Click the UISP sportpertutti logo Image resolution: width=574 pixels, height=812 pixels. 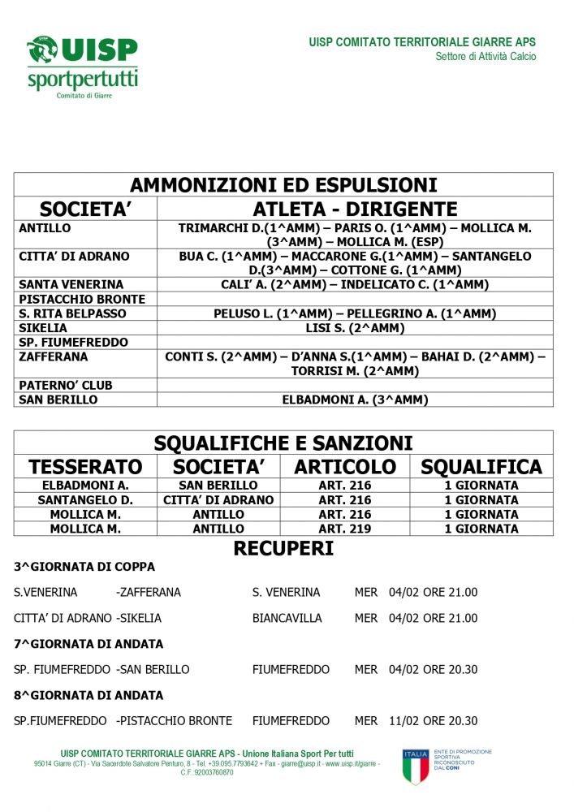[x=82, y=67]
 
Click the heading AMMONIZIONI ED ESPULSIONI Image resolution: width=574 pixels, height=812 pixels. [x=283, y=184]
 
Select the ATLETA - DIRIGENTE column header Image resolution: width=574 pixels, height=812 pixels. [x=355, y=209]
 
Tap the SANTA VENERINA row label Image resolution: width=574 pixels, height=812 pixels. [x=71, y=284]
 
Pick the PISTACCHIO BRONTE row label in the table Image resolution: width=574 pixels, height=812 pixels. [x=82, y=299]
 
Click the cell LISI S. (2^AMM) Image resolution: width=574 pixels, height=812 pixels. [x=355, y=328]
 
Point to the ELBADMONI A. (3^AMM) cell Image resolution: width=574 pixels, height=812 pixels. [x=355, y=400]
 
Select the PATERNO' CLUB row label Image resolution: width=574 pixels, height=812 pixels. [x=66, y=385]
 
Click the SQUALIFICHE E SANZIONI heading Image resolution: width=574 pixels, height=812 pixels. [x=283, y=443]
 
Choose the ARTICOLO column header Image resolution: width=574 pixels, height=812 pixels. [x=345, y=467]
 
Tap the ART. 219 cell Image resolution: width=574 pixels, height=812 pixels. [x=345, y=529]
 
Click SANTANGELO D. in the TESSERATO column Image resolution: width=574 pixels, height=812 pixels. [x=85, y=500]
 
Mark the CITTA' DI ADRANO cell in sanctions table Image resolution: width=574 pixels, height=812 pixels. [x=218, y=500]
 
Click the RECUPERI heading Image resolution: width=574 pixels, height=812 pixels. [x=283, y=549]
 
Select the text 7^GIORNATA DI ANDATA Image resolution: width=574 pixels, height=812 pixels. [x=88, y=644]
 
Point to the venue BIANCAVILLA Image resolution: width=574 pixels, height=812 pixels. [x=287, y=618]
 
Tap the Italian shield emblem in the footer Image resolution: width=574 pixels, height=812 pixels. [x=416, y=767]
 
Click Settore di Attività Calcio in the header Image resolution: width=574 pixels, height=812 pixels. [x=486, y=57]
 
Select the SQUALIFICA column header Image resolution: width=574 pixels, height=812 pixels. [x=481, y=467]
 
